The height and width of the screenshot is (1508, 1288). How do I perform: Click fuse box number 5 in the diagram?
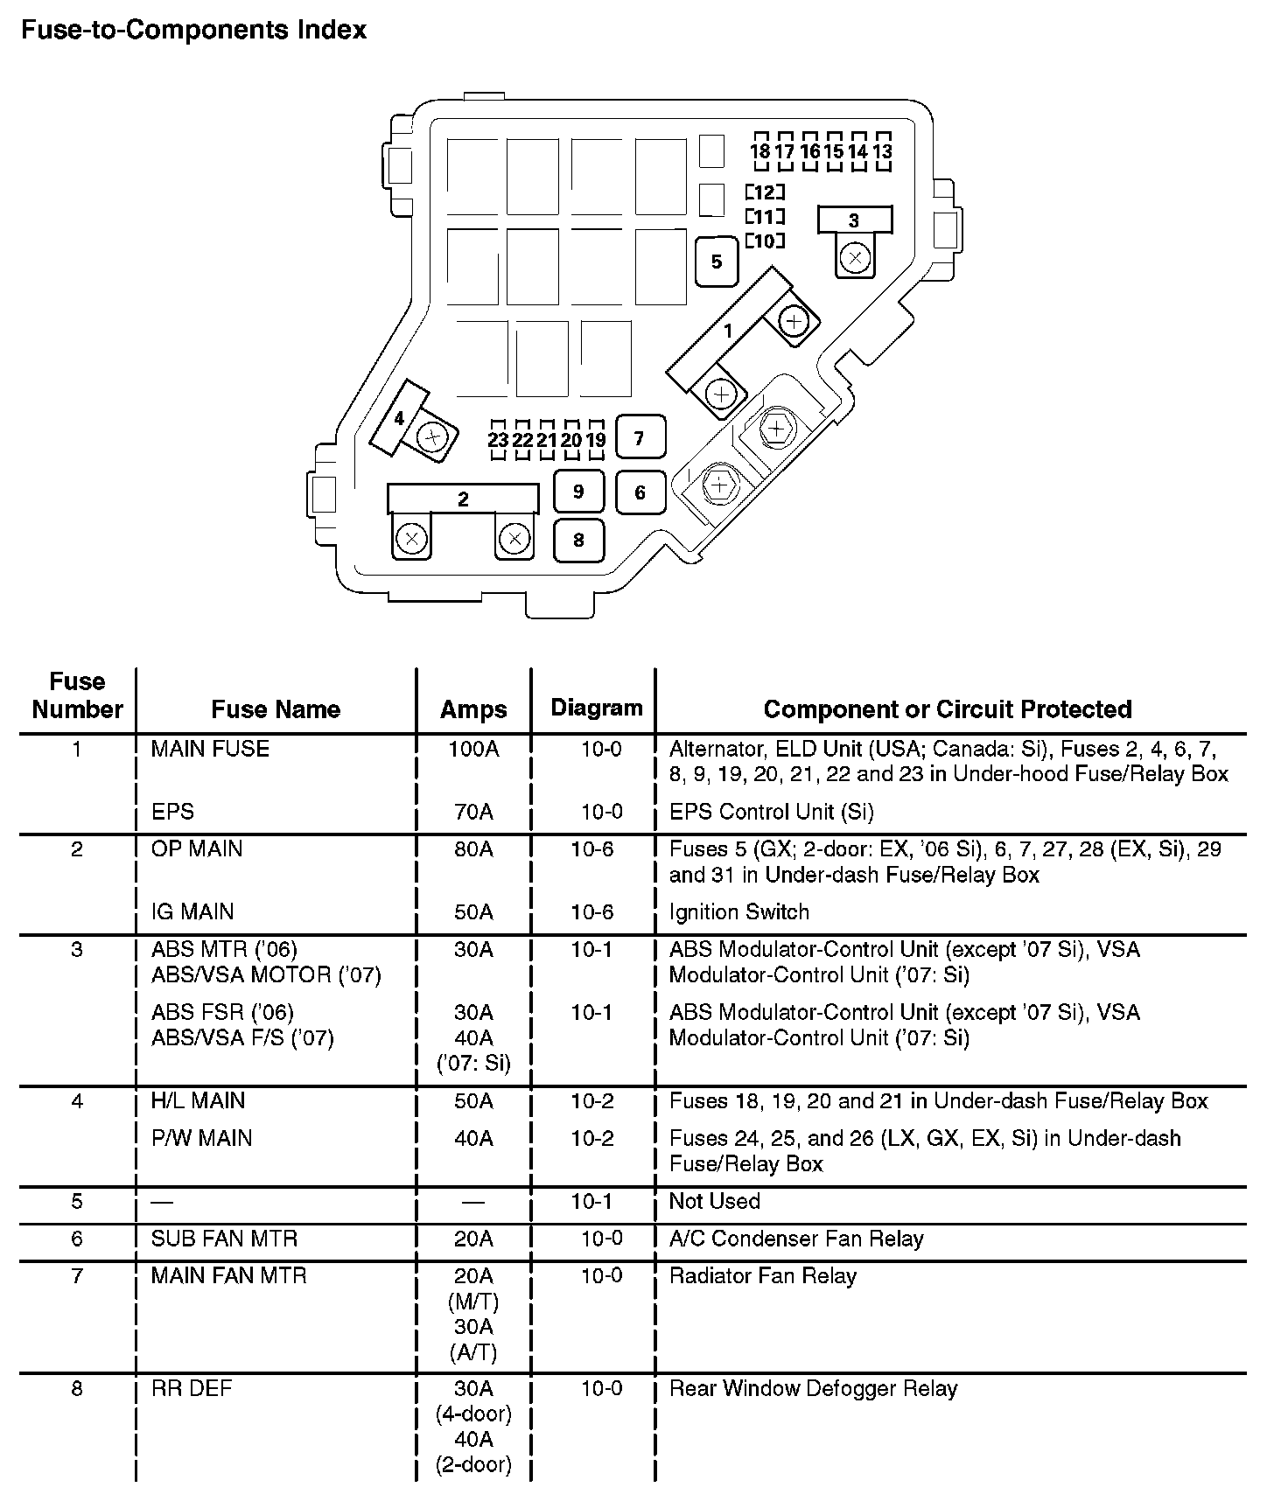pyautogui.click(x=717, y=262)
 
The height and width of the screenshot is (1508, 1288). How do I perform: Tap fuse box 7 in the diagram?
pyautogui.click(x=640, y=437)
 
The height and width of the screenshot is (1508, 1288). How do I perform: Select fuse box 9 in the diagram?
pyautogui.click(x=577, y=492)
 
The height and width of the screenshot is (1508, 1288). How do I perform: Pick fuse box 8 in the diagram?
pyautogui.click(x=577, y=540)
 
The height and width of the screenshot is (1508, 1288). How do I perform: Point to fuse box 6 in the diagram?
pyautogui.click(x=640, y=492)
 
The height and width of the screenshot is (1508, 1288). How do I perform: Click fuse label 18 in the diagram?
pyautogui.click(x=760, y=151)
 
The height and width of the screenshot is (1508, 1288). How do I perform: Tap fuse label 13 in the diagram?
pyautogui.click(x=882, y=151)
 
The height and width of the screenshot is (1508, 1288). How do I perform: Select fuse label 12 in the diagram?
pyautogui.click(x=765, y=192)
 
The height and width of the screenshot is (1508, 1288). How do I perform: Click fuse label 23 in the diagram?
pyautogui.click(x=498, y=439)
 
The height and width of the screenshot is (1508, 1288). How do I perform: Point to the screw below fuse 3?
pyautogui.click(x=855, y=257)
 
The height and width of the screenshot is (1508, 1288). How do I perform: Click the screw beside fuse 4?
pyautogui.click(x=432, y=436)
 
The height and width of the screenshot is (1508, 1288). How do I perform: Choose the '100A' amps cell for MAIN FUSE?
pyautogui.click(x=473, y=749)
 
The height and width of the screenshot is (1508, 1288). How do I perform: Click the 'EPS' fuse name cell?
pyautogui.click(x=172, y=812)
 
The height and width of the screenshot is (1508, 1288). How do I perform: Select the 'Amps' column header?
pyautogui.click(x=473, y=709)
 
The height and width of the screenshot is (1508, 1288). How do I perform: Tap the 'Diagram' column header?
pyautogui.click(x=597, y=708)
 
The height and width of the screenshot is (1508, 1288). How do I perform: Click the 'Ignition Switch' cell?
pyautogui.click(x=738, y=911)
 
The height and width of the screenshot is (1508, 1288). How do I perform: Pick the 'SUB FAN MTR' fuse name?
pyautogui.click(x=224, y=1239)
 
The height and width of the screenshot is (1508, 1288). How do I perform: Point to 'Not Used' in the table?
pyautogui.click(x=714, y=1201)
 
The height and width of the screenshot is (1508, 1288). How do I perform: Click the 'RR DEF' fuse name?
pyautogui.click(x=192, y=1388)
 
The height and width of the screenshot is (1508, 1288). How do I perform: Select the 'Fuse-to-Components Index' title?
pyautogui.click(x=193, y=31)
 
